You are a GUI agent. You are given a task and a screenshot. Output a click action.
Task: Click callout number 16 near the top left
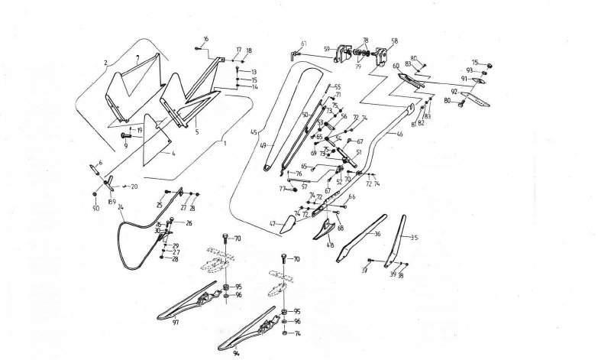(x=205, y=38)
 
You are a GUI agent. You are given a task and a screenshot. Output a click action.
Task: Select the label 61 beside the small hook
(x=304, y=44)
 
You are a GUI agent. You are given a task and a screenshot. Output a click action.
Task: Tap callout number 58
(x=394, y=41)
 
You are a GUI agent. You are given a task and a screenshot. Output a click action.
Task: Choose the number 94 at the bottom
(x=236, y=354)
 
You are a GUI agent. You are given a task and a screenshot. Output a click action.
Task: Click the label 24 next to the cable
(x=121, y=207)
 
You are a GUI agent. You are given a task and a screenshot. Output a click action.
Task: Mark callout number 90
(x=95, y=208)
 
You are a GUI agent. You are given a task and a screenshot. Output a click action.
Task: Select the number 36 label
(x=377, y=234)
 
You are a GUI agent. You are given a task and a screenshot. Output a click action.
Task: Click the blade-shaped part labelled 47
(x=284, y=225)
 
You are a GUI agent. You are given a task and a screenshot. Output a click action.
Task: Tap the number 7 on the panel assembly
(x=136, y=57)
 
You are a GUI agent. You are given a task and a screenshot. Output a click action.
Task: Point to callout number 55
(x=337, y=87)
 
